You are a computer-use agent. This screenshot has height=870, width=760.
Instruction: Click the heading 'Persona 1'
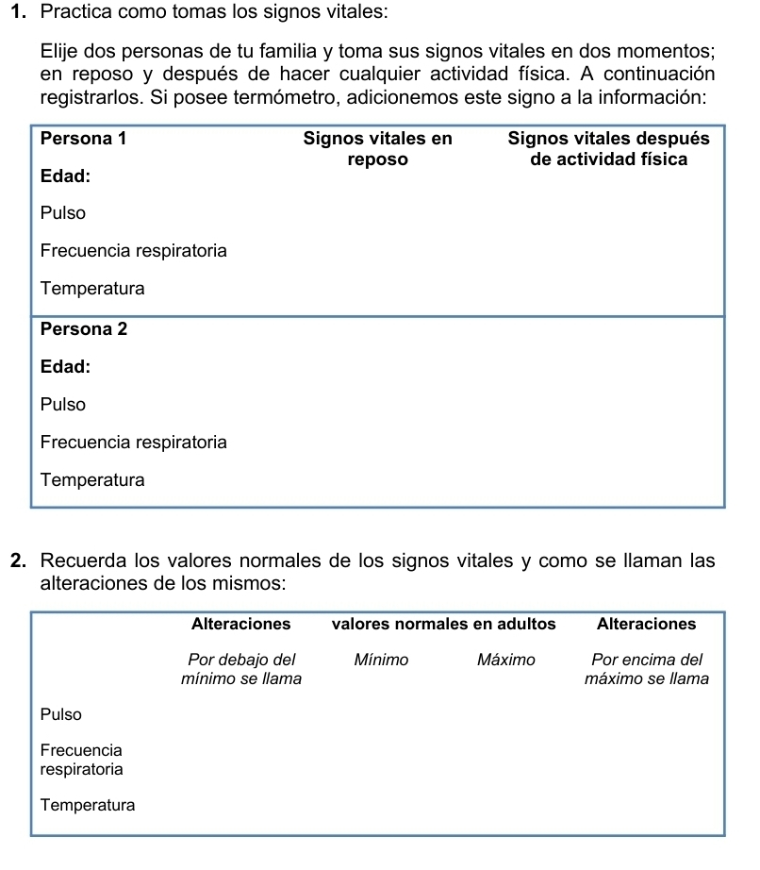(x=84, y=139)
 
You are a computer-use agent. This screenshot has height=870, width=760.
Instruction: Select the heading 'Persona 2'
(x=84, y=329)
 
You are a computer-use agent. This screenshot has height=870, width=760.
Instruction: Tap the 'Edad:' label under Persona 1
(x=66, y=176)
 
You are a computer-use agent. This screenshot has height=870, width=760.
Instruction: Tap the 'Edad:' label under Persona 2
(x=66, y=367)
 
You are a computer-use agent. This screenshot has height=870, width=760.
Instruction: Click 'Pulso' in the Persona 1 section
(x=63, y=213)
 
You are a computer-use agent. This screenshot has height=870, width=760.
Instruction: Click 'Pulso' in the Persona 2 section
(x=63, y=405)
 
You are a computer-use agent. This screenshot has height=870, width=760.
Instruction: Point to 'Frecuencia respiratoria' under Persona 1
(x=134, y=251)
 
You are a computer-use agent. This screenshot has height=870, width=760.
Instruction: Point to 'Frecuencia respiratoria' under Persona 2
(x=134, y=443)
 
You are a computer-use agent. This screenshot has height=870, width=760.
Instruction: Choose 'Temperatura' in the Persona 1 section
(x=93, y=289)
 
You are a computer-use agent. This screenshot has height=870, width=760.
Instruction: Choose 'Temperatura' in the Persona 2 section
(x=93, y=480)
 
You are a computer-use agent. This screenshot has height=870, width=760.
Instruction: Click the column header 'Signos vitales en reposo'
(x=377, y=149)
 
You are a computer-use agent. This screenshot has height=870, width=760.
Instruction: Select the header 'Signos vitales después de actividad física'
(x=608, y=149)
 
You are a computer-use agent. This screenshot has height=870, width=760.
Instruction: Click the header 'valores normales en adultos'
(x=443, y=624)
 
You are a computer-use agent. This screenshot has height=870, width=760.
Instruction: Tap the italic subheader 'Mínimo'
(x=381, y=660)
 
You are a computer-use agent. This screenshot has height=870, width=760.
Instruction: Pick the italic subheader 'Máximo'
(x=505, y=660)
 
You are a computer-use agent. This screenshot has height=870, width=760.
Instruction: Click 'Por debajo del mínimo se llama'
(x=241, y=669)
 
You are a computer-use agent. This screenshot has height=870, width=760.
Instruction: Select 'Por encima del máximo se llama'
(x=646, y=669)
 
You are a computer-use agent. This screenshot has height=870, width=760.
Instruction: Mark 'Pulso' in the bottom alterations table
(x=61, y=714)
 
